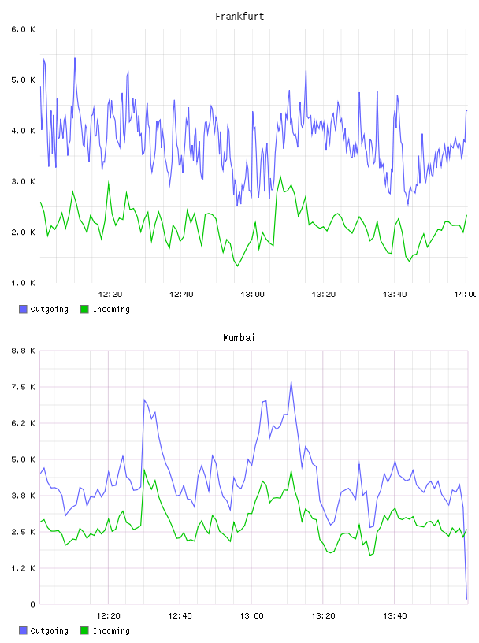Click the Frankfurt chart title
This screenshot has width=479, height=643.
pos(239,17)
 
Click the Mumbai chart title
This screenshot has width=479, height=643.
pos(239,338)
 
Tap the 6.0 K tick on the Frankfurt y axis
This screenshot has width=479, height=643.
pos(23,29)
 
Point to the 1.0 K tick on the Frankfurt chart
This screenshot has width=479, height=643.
pos(23,283)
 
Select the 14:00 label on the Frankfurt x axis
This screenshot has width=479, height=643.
pos(465,295)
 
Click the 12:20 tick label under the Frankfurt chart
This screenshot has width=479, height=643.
pos(110,295)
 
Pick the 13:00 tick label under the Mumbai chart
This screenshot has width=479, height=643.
pos(251,616)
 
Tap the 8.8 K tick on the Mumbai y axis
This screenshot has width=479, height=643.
pos(23,351)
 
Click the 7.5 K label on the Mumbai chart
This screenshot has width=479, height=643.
pos(23,387)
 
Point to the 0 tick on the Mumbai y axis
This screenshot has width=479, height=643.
pos(32,604)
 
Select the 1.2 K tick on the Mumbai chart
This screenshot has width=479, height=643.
pos(23,568)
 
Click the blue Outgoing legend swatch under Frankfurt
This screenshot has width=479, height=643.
pos(23,309)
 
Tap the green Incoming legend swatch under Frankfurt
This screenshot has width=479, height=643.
pos(84,309)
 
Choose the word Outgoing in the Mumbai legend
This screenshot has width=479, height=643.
pos(49,630)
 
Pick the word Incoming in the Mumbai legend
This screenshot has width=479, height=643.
pos(111,630)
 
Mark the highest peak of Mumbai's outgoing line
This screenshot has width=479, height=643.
pos(291,380)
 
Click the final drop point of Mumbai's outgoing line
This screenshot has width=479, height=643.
pos(466,599)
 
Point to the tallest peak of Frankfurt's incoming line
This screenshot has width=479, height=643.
pos(280,177)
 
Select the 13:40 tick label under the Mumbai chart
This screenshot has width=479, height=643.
pos(395,616)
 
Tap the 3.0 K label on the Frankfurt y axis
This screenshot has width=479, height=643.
pos(23,182)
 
